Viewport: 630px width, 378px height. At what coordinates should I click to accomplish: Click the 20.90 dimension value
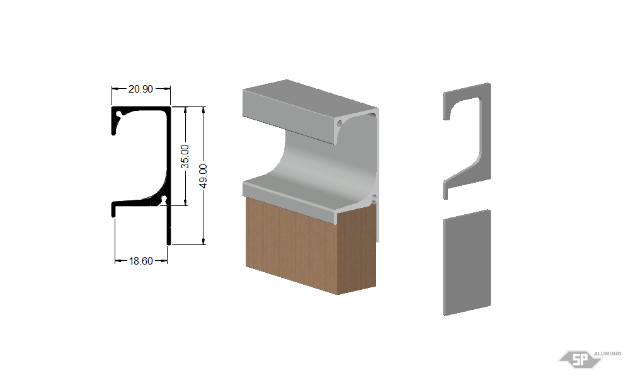click(140, 89)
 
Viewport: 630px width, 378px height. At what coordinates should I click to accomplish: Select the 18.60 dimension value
click(140, 261)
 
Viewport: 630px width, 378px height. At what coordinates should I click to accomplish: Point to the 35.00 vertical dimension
click(185, 156)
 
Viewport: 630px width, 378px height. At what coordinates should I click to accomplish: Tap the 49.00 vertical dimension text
click(203, 176)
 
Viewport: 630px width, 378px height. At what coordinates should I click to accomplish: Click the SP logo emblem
click(580, 359)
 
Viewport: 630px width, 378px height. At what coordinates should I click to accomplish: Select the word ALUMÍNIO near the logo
click(607, 353)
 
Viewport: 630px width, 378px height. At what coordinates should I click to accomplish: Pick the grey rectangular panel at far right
click(467, 262)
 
